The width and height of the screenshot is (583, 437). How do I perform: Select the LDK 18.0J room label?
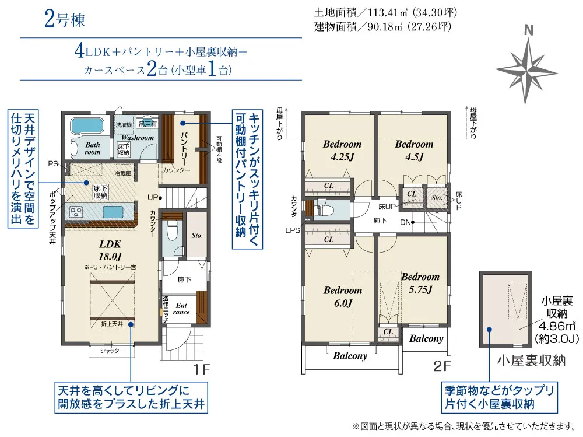[110, 251]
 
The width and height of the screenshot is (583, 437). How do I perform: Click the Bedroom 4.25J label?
[342, 150]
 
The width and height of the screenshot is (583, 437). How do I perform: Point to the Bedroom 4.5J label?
[414, 150]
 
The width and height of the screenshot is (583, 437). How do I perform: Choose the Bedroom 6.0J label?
[343, 296]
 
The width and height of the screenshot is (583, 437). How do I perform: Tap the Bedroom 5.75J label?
[420, 282]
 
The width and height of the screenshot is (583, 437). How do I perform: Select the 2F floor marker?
[442, 368]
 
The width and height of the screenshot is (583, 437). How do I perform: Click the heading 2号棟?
[64, 20]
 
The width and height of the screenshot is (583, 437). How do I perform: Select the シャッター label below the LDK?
[113, 351]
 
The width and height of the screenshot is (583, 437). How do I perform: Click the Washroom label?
[138, 138]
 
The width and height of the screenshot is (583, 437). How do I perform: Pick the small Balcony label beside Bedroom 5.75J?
[426, 338]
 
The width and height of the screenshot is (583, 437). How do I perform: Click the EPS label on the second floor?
[293, 230]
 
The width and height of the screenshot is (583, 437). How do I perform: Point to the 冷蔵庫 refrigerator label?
[122, 173]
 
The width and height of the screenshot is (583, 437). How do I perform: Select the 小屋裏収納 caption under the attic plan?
[531, 361]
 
